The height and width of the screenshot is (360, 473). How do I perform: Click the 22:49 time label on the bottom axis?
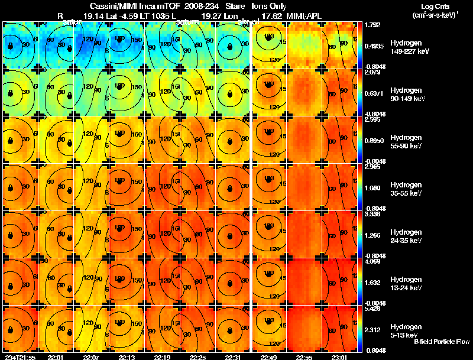pyautogui.click(x=268, y=357)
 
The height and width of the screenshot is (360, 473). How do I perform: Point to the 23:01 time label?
pyautogui.click(x=339, y=357)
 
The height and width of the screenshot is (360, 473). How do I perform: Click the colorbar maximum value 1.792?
pyautogui.click(x=372, y=25)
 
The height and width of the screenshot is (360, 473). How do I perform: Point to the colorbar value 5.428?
pyautogui.click(x=372, y=309)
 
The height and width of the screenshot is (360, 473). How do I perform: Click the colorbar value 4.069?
pyautogui.click(x=372, y=261)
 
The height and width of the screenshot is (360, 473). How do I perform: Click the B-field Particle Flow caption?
pyautogui.click(x=441, y=342)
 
